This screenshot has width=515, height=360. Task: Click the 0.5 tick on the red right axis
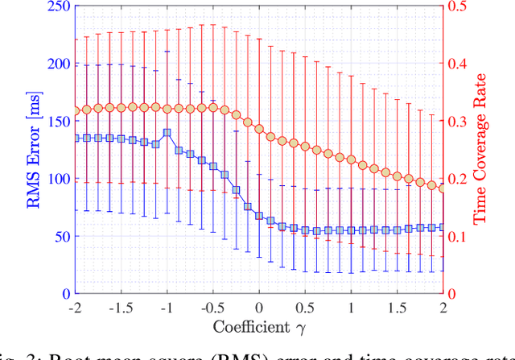pos(460,7)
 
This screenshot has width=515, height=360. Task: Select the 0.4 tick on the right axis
pos(460,64)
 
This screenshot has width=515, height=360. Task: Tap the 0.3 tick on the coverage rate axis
pos(460,122)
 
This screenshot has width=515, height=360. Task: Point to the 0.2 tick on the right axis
pos(460,180)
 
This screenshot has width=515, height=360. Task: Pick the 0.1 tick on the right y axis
pos(460,237)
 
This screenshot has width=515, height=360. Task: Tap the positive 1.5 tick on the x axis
pos(397,307)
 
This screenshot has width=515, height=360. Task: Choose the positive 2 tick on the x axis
pos(443,307)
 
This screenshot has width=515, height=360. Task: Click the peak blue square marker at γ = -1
pos(167,133)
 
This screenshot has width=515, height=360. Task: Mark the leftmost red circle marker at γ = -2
pos(76,110)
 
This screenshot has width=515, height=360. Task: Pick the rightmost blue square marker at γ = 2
pos(442,228)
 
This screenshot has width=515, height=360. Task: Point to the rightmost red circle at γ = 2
pos(442,188)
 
